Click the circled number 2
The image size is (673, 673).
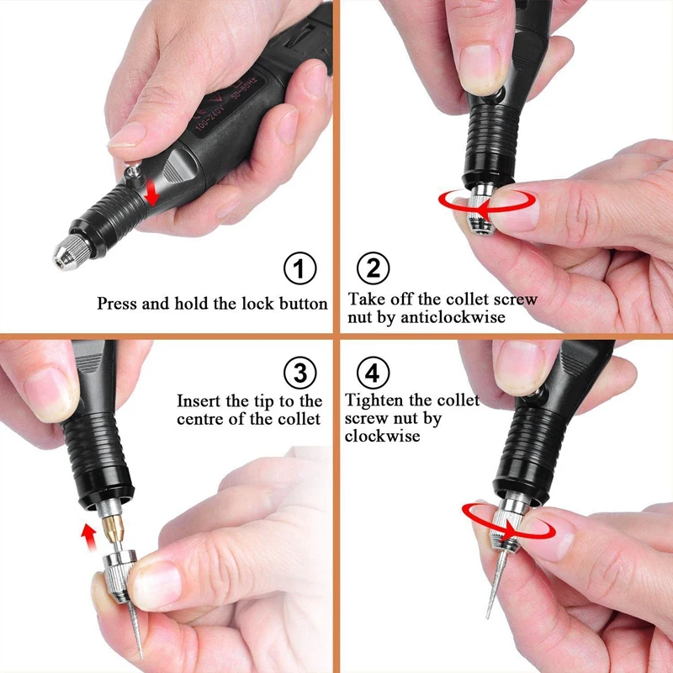coord(374,270)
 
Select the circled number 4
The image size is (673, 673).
coord(374,372)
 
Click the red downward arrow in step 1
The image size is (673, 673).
coord(152,193)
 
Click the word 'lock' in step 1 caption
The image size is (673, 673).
coord(232,304)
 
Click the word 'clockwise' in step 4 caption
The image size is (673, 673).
coord(382,436)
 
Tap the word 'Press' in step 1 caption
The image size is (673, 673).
coord(118,304)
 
